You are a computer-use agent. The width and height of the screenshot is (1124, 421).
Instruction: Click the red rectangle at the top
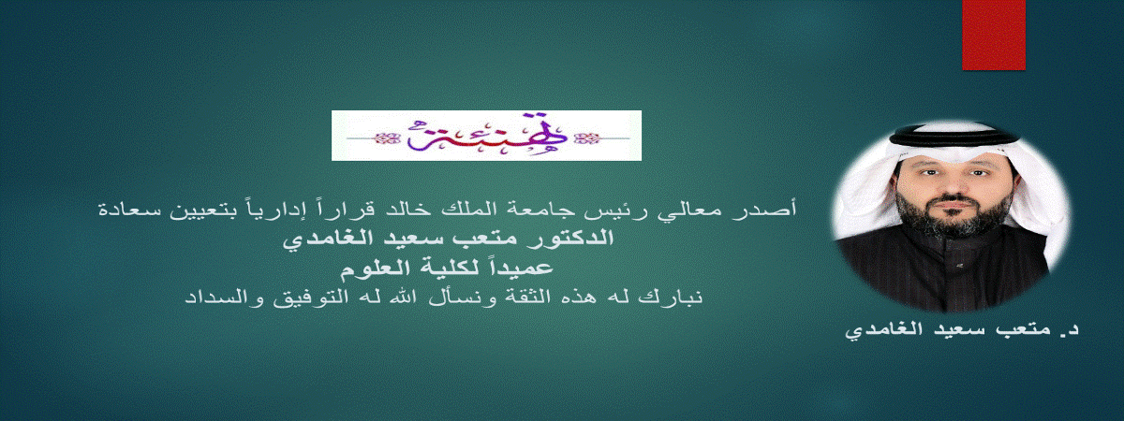click(x=994, y=35)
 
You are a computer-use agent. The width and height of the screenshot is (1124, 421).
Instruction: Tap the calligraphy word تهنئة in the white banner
click(x=487, y=136)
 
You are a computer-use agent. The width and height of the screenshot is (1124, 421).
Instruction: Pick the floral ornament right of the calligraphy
click(x=587, y=138)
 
